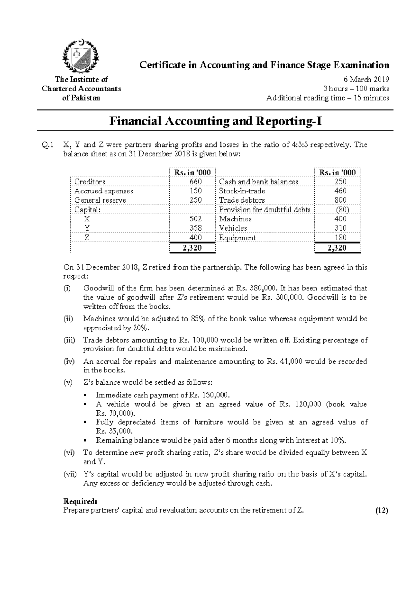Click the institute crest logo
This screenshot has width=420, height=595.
click(x=80, y=56)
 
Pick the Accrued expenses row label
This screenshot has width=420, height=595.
click(x=104, y=191)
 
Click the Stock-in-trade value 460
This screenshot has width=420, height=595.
click(x=340, y=191)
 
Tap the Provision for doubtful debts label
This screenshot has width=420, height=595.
click(x=265, y=210)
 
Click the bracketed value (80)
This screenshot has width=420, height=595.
click(x=342, y=210)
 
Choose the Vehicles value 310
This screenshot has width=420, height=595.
click(x=340, y=228)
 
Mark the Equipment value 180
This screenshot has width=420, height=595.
click(x=340, y=238)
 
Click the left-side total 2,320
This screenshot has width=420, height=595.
click(x=192, y=248)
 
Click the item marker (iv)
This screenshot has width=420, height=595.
click(x=69, y=361)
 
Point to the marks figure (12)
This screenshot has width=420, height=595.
click(x=381, y=511)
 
